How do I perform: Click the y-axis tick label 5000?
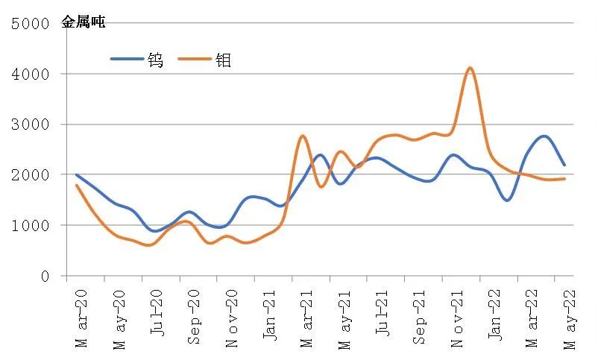[31, 24]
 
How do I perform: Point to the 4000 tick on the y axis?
[31, 75]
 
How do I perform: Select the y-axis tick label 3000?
[31, 124]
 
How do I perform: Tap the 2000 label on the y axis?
[31, 175]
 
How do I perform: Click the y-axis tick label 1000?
[31, 226]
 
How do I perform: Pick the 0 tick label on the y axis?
[44, 277]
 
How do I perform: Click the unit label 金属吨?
[83, 22]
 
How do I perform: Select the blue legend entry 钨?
[155, 60]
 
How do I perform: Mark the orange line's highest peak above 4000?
[470, 68]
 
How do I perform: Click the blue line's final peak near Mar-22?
[544, 136]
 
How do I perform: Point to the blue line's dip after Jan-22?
[508, 200]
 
